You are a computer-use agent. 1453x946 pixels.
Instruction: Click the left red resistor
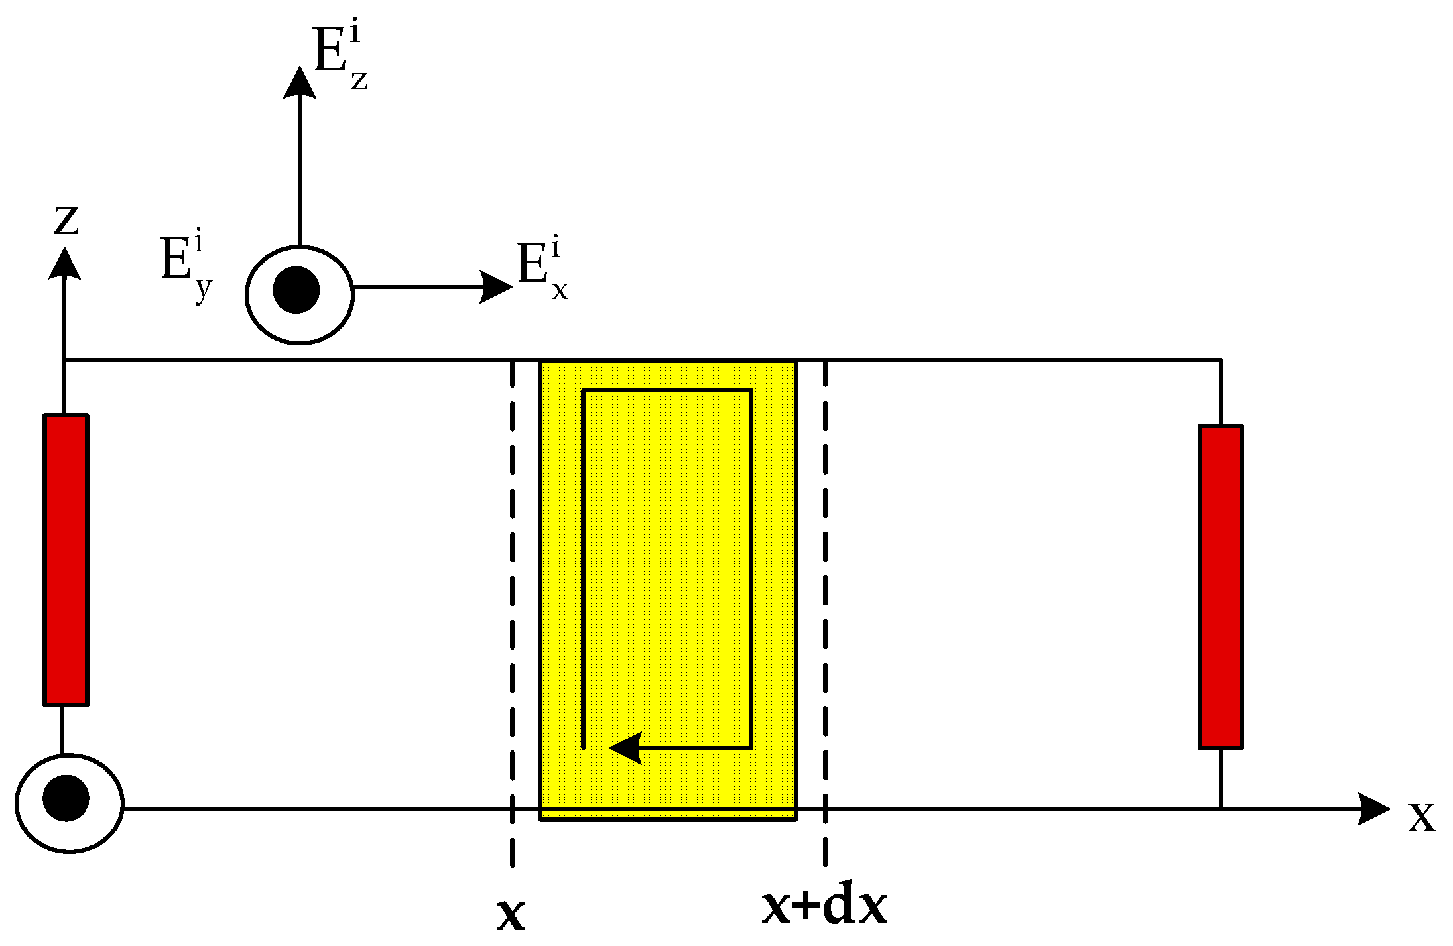(x=66, y=560)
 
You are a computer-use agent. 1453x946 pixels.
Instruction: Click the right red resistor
(x=1220, y=587)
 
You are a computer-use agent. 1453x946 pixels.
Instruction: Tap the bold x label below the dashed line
(x=511, y=915)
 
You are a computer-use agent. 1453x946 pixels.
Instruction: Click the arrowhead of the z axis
(x=64, y=264)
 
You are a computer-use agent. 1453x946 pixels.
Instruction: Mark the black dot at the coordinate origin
(x=66, y=798)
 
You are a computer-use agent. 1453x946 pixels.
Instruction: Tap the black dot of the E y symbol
(x=296, y=290)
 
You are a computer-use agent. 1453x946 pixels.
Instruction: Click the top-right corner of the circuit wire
(x=1220, y=361)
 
